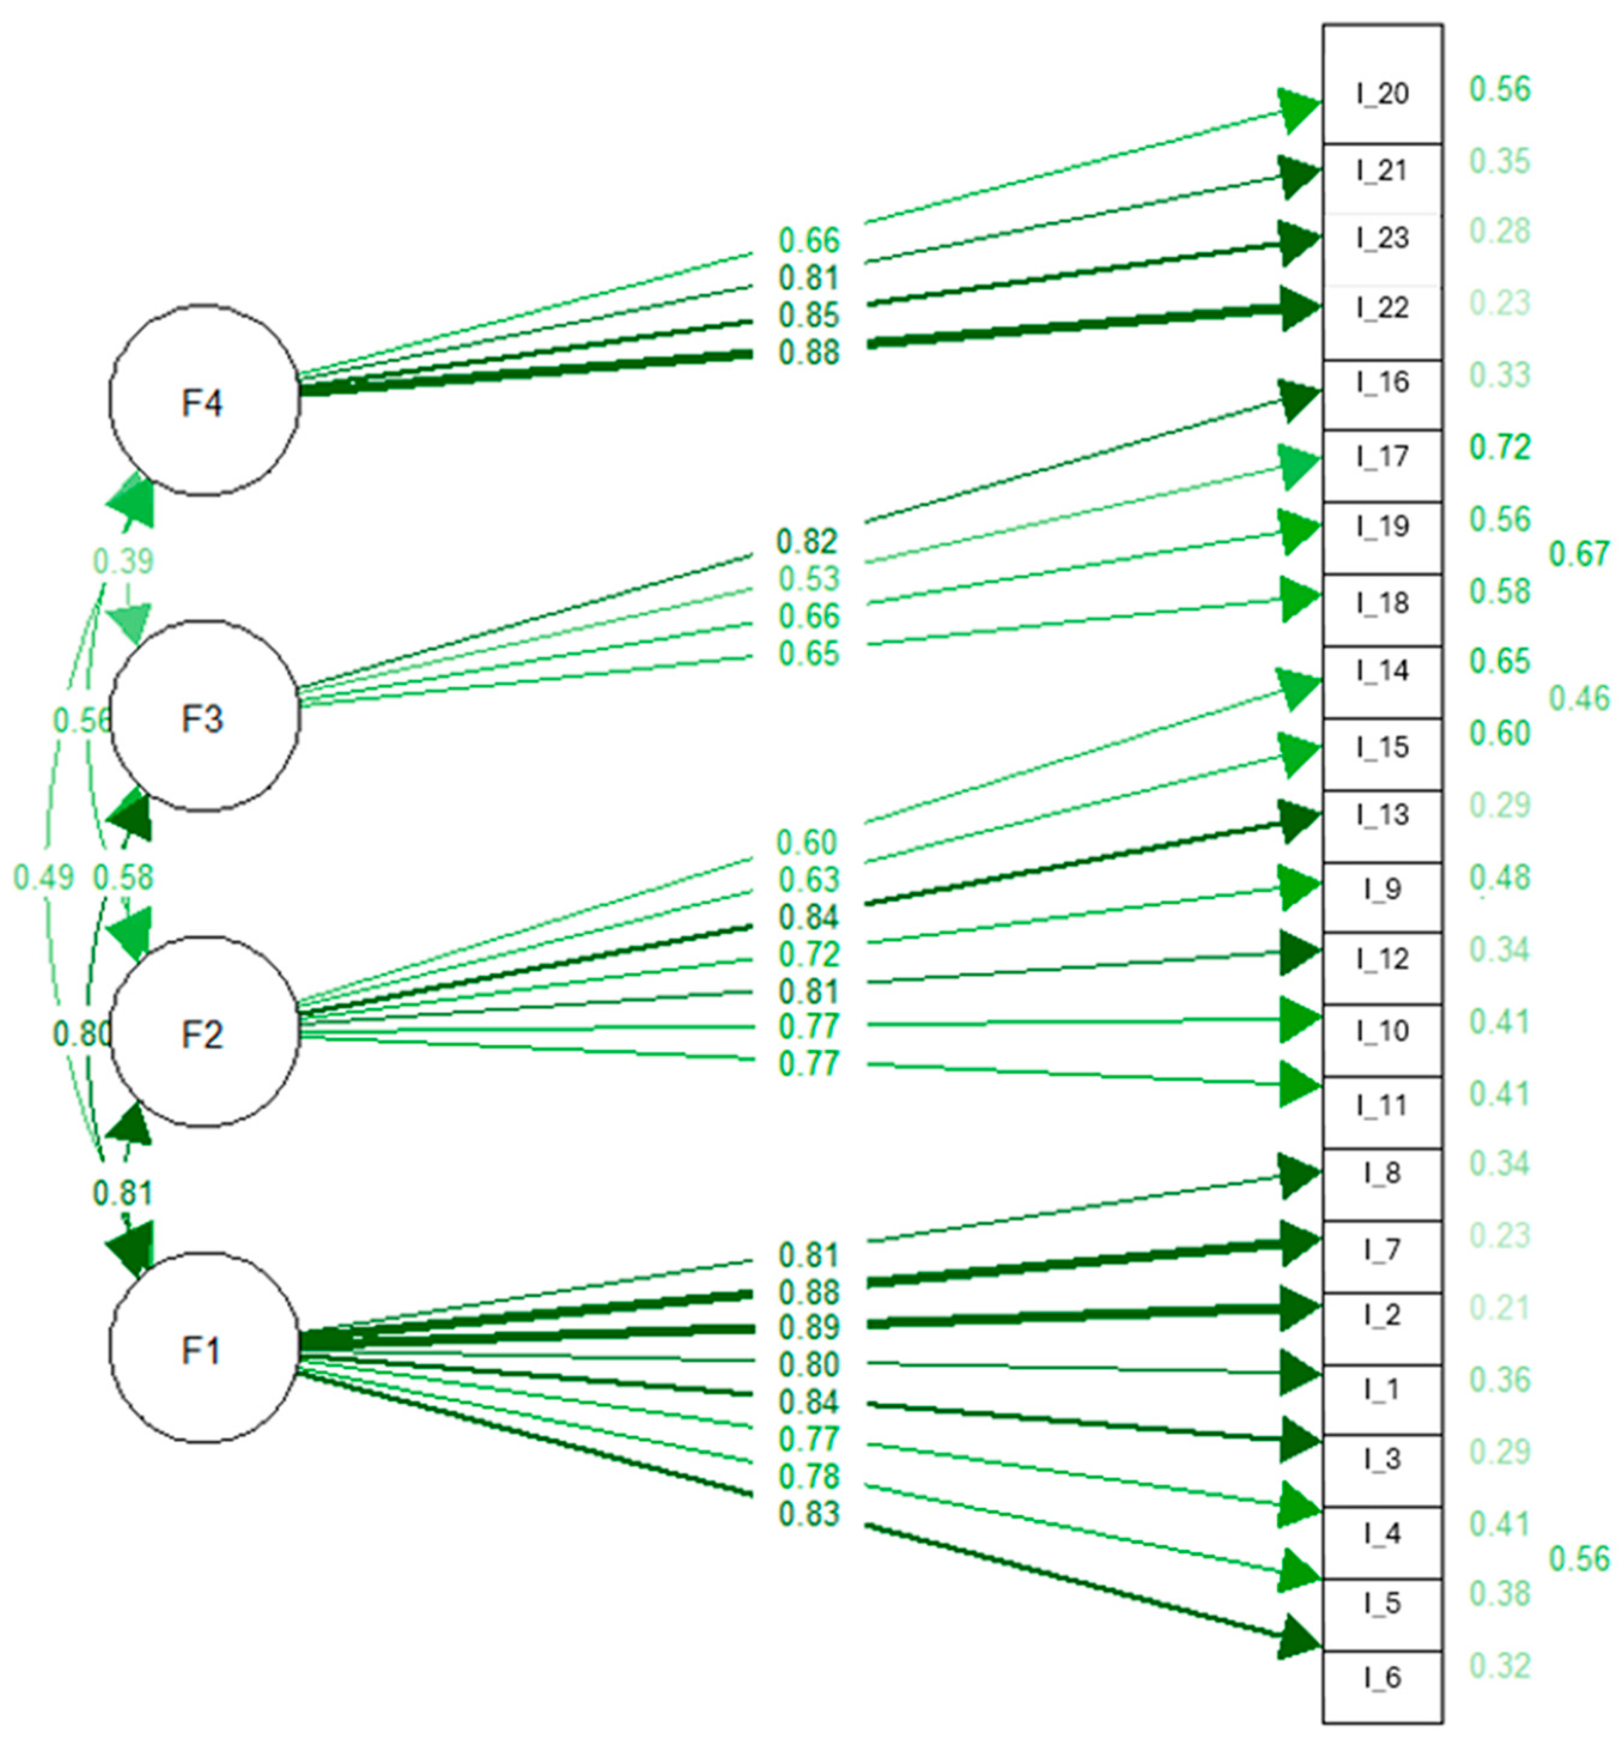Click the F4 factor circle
203,400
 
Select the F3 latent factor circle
203,717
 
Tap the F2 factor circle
203,1032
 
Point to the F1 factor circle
203,1348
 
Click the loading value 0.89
808,1327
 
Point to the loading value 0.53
808,578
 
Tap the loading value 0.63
808,879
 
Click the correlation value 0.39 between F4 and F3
123,561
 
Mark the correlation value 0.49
43,876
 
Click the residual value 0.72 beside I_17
1499,447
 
